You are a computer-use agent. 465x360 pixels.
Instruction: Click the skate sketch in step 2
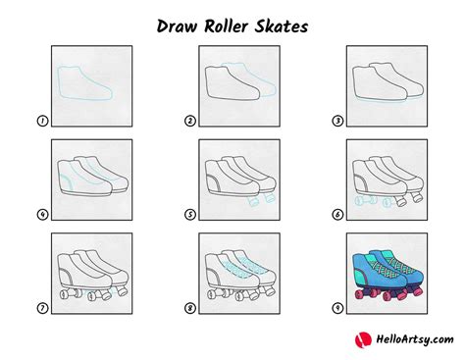click(x=235, y=83)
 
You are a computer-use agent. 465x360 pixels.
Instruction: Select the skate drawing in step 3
click(x=386, y=83)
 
